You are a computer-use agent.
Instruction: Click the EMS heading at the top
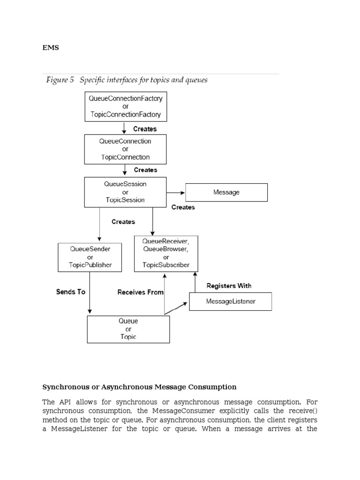51,47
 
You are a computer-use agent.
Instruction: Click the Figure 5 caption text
127,80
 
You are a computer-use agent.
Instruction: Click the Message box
226,192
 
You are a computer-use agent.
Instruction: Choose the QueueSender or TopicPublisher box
90,257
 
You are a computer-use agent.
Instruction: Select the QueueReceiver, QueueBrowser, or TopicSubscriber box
166,253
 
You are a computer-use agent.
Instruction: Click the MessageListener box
230,301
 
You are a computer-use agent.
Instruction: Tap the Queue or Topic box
128,329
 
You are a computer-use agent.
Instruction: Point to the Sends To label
71,292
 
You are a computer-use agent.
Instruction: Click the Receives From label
140,292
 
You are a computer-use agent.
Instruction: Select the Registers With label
229,285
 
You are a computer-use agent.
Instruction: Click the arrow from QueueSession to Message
176,192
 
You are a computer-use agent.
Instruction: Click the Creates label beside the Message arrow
183,207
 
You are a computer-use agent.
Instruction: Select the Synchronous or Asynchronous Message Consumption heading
139,387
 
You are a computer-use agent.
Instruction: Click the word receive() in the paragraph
302,411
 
